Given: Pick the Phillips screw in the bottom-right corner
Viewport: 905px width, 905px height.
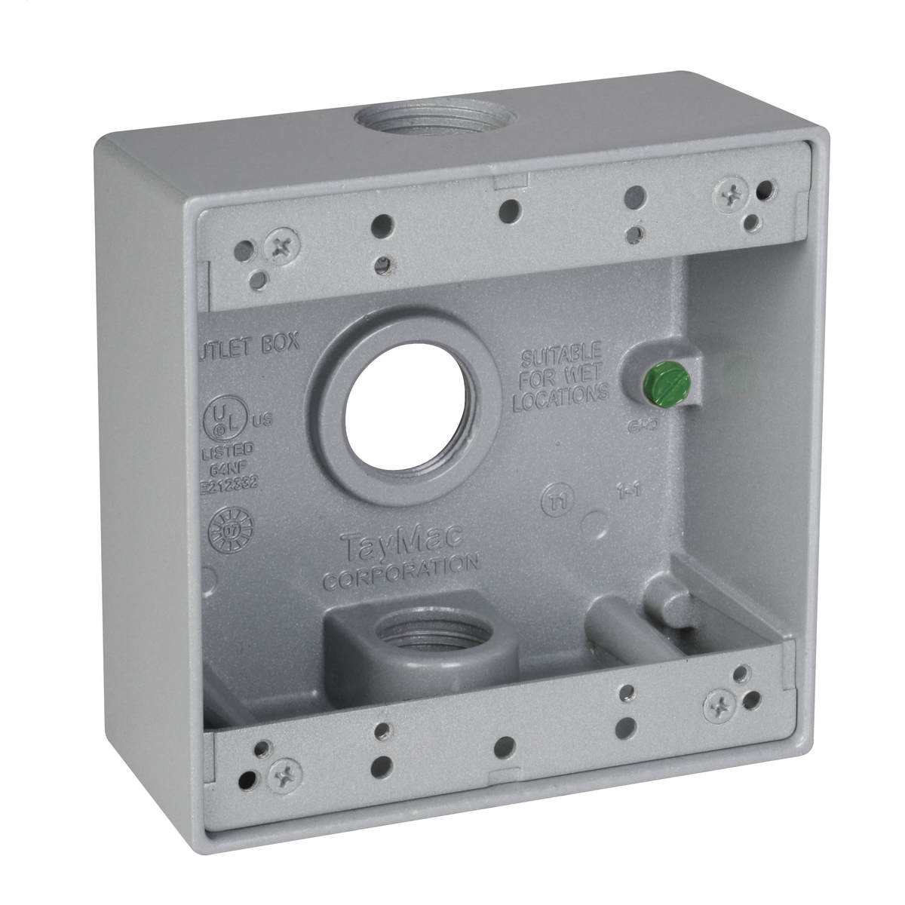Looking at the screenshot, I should point(720,706).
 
